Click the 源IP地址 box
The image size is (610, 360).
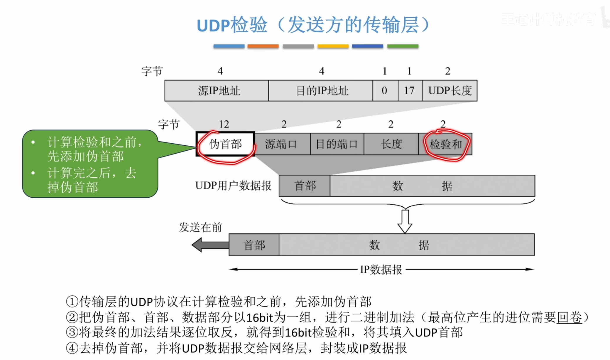[x=217, y=91]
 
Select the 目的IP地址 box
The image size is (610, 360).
[x=320, y=91]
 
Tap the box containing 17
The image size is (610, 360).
[x=410, y=91]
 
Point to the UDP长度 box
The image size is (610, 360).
[x=450, y=91]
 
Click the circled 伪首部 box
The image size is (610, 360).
[x=225, y=144]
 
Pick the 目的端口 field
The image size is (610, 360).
[x=337, y=144]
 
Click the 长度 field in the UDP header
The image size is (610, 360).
[x=391, y=144]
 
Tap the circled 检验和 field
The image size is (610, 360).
[x=445, y=144]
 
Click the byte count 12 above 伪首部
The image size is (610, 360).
[x=224, y=124]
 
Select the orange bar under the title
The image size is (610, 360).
[x=263, y=46]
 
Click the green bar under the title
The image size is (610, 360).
[x=403, y=46]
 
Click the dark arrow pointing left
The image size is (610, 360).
[x=209, y=245]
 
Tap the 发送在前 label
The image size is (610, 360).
[x=200, y=227]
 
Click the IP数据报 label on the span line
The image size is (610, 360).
[x=381, y=269]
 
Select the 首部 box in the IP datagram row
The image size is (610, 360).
[x=254, y=245]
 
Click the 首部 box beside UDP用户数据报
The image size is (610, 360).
[x=305, y=186]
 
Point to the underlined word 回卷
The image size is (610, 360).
[x=569, y=317]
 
